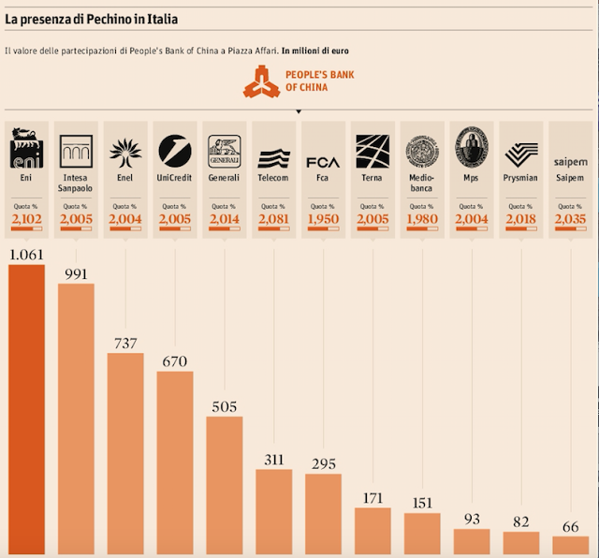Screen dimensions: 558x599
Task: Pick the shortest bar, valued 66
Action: (571, 546)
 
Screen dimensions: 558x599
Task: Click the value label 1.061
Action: (26, 254)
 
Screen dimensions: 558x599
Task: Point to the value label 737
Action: (125, 343)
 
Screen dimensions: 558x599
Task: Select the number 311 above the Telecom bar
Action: (273, 459)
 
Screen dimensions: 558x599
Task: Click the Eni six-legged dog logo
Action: (26, 150)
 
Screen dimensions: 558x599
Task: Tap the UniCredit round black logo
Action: (174, 150)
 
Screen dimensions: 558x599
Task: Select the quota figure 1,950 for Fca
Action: (323, 219)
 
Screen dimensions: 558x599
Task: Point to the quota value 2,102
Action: (26, 219)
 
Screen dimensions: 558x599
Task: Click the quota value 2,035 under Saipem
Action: (570, 219)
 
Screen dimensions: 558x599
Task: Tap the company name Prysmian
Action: (521, 178)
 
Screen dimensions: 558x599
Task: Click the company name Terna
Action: (371, 178)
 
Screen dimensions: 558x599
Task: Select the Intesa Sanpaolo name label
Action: (76, 182)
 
